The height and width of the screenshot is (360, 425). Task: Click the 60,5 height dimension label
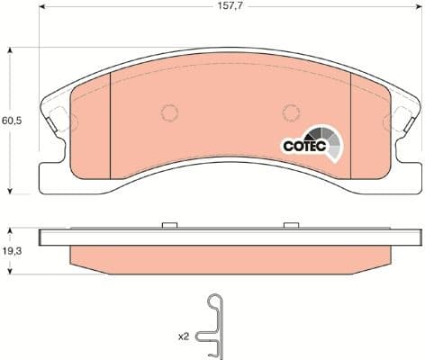[x=10, y=119]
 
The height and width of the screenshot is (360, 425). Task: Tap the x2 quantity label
[x=183, y=336]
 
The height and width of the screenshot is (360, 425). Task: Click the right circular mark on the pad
[x=290, y=112]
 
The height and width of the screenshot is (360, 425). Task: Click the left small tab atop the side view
[x=168, y=225]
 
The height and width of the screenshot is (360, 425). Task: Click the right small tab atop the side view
[x=290, y=225]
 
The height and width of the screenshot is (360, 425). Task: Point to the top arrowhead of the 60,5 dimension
[x=11, y=53]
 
